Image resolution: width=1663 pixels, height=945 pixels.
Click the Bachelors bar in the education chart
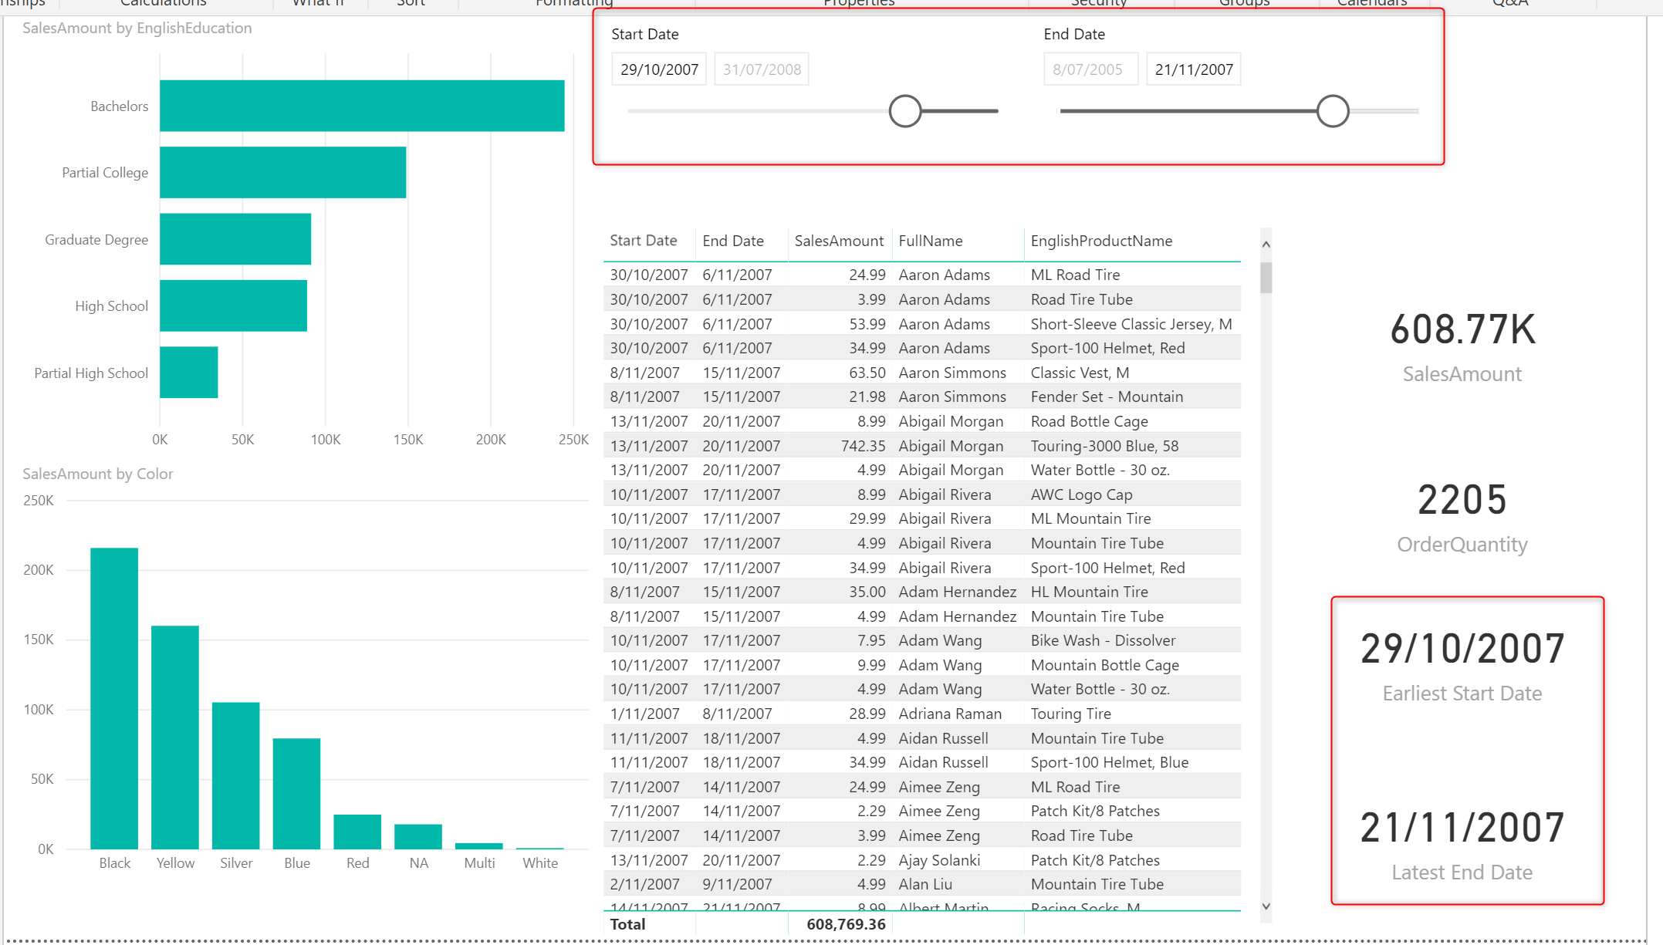[x=362, y=106]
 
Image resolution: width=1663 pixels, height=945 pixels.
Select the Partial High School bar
[x=189, y=373]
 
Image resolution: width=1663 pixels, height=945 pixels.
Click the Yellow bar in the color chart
[x=175, y=737]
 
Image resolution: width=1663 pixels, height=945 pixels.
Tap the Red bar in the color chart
[x=357, y=832]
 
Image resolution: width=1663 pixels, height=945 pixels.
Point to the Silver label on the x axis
[x=236, y=863]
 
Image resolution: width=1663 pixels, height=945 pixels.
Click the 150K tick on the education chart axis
[x=408, y=440]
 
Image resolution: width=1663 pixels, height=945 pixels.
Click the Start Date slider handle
[x=905, y=111]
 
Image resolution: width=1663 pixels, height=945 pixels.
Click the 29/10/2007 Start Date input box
[x=659, y=69]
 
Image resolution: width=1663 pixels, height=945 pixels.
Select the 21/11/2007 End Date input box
[x=1193, y=69]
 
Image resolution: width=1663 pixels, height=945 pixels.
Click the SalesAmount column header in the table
[x=839, y=241]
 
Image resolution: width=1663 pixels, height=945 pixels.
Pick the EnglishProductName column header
[x=1101, y=241]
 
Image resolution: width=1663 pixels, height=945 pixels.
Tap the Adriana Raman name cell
[x=950, y=714]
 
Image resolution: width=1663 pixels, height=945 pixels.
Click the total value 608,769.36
[x=846, y=924]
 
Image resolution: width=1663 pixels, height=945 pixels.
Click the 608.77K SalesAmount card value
[x=1462, y=329]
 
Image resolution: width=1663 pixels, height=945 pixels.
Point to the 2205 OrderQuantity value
[x=1462, y=500]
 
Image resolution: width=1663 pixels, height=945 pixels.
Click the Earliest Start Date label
[x=1462, y=694]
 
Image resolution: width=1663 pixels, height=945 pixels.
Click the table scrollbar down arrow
[x=1266, y=906]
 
